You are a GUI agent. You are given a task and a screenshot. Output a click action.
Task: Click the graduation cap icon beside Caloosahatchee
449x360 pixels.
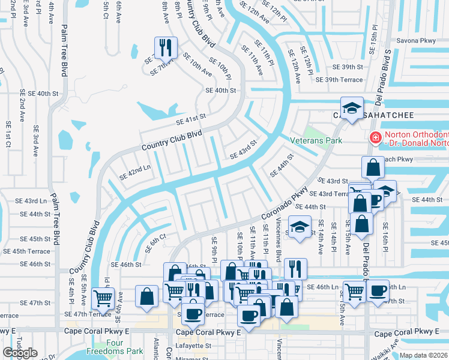click(352, 108)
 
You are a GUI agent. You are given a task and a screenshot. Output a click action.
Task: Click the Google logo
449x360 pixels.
click(20, 353)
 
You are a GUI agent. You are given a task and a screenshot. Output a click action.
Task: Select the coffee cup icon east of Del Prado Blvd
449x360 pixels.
click(378, 291)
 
